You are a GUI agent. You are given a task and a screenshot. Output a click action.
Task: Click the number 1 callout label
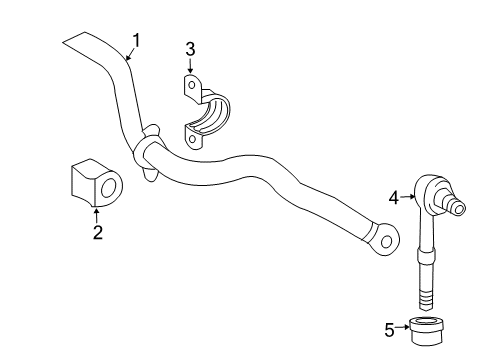coord(136,40)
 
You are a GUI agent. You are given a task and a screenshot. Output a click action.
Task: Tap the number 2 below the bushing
coord(96,233)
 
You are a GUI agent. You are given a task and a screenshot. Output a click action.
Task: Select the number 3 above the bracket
coord(190,48)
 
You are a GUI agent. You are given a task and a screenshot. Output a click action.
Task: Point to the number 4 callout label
coord(394,197)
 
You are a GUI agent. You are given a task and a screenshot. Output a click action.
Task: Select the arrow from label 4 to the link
coord(408,197)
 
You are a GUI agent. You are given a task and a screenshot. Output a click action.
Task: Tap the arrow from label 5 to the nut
coord(402,325)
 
